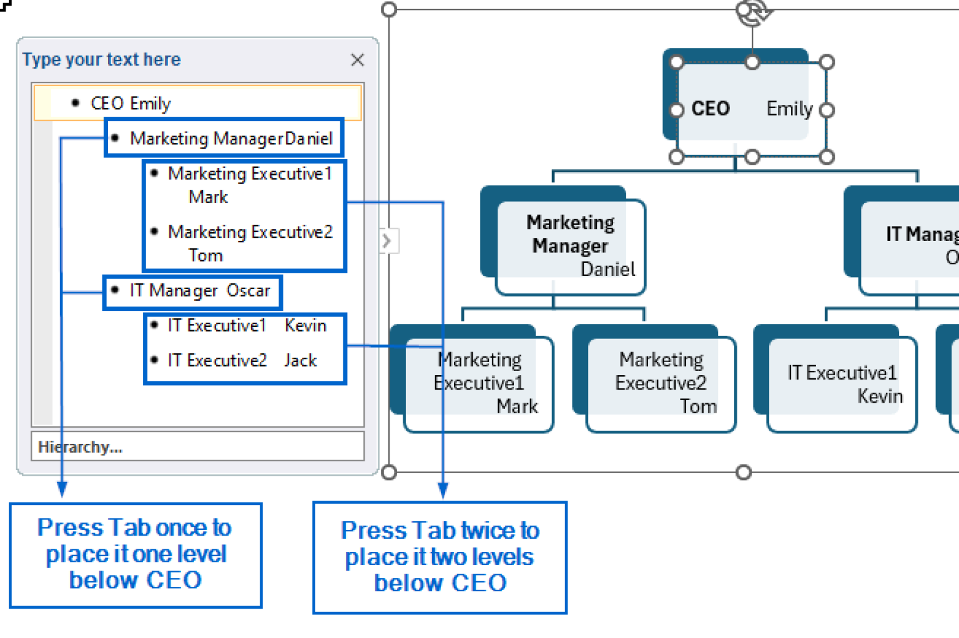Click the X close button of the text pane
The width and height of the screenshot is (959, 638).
coord(357,60)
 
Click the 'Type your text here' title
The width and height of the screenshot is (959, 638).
coord(102,59)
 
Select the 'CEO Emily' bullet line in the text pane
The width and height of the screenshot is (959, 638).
coord(130,103)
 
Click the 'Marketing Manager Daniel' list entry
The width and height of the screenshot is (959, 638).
coord(231,138)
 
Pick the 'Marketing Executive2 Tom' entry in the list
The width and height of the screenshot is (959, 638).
coord(250,243)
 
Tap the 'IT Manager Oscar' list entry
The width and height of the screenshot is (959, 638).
coord(200,291)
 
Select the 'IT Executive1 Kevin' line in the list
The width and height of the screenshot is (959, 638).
coord(247,325)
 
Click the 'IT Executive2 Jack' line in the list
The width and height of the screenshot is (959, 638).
coord(242,360)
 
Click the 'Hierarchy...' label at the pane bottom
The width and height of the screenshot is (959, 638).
coord(81,447)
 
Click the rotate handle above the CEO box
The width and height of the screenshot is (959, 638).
coord(752,12)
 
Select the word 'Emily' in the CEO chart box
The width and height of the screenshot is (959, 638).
coord(789,109)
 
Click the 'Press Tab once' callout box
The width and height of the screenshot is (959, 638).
coord(135,554)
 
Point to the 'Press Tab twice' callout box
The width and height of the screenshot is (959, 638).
coord(440,557)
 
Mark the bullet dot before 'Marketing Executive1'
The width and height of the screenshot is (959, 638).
coord(154,174)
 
